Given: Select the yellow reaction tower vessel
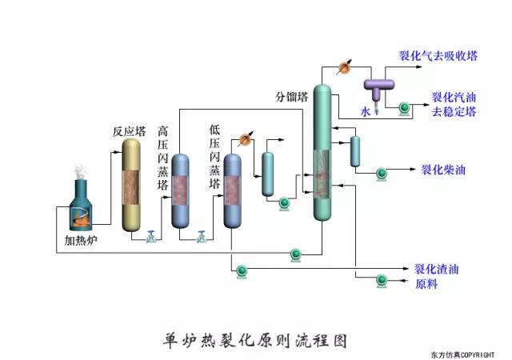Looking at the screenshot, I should tap(134, 186).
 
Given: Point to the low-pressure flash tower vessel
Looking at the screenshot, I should tap(233, 190).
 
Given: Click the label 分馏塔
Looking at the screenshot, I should tap(292, 98).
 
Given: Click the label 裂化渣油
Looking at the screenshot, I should tap(436, 270).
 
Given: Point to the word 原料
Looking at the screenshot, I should tap(426, 285).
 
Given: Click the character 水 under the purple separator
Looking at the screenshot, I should tap(366, 112).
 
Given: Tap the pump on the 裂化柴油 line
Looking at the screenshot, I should tap(382, 170).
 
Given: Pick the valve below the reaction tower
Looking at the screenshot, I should tap(151, 238).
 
